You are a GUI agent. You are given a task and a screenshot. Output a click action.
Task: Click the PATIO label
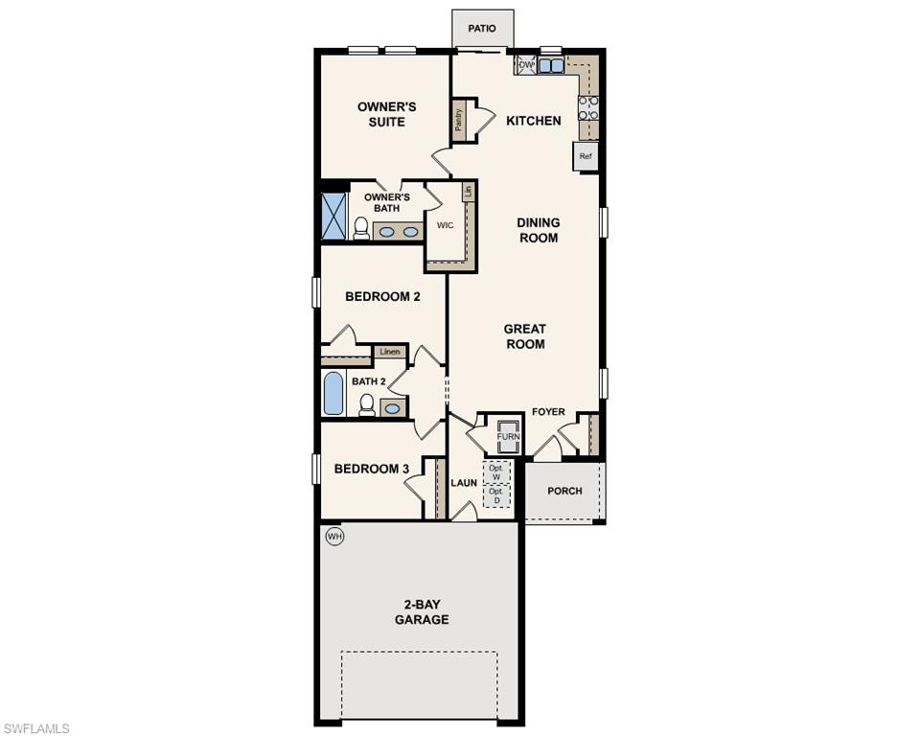tap(482, 29)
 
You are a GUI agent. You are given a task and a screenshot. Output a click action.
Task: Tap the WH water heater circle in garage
tap(334, 536)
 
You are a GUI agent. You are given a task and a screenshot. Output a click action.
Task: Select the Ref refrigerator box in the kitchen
tap(586, 156)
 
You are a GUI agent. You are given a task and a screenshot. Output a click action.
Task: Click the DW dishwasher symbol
tap(526, 65)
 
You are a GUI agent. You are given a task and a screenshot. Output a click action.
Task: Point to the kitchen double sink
tap(551, 66)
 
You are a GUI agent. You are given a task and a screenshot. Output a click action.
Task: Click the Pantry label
tap(460, 120)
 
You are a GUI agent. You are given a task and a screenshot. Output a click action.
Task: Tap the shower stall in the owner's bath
tap(333, 216)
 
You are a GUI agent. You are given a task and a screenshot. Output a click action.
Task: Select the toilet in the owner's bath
tap(361, 228)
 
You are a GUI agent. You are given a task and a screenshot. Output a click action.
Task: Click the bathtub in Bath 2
tap(333, 394)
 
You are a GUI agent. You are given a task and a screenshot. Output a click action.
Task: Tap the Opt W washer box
tap(495, 472)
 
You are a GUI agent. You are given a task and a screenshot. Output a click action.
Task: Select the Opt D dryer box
tap(495, 496)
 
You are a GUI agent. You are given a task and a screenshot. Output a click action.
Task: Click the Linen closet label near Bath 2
tap(390, 352)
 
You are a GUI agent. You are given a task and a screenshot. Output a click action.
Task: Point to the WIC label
tap(445, 226)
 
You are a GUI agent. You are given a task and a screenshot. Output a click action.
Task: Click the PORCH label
tap(564, 491)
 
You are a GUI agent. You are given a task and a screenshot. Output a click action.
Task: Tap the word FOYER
tap(549, 413)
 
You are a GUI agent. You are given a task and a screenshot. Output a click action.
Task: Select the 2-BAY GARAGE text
tap(422, 612)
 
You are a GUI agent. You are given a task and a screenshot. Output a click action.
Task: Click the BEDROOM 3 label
tap(372, 469)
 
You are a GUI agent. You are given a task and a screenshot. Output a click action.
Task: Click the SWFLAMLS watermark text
tap(36, 728)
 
